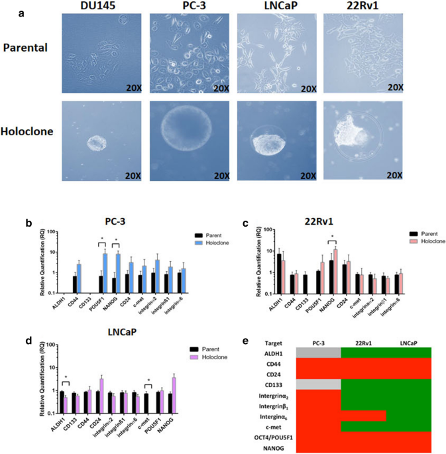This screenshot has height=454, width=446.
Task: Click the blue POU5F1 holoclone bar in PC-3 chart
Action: point(105,273)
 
